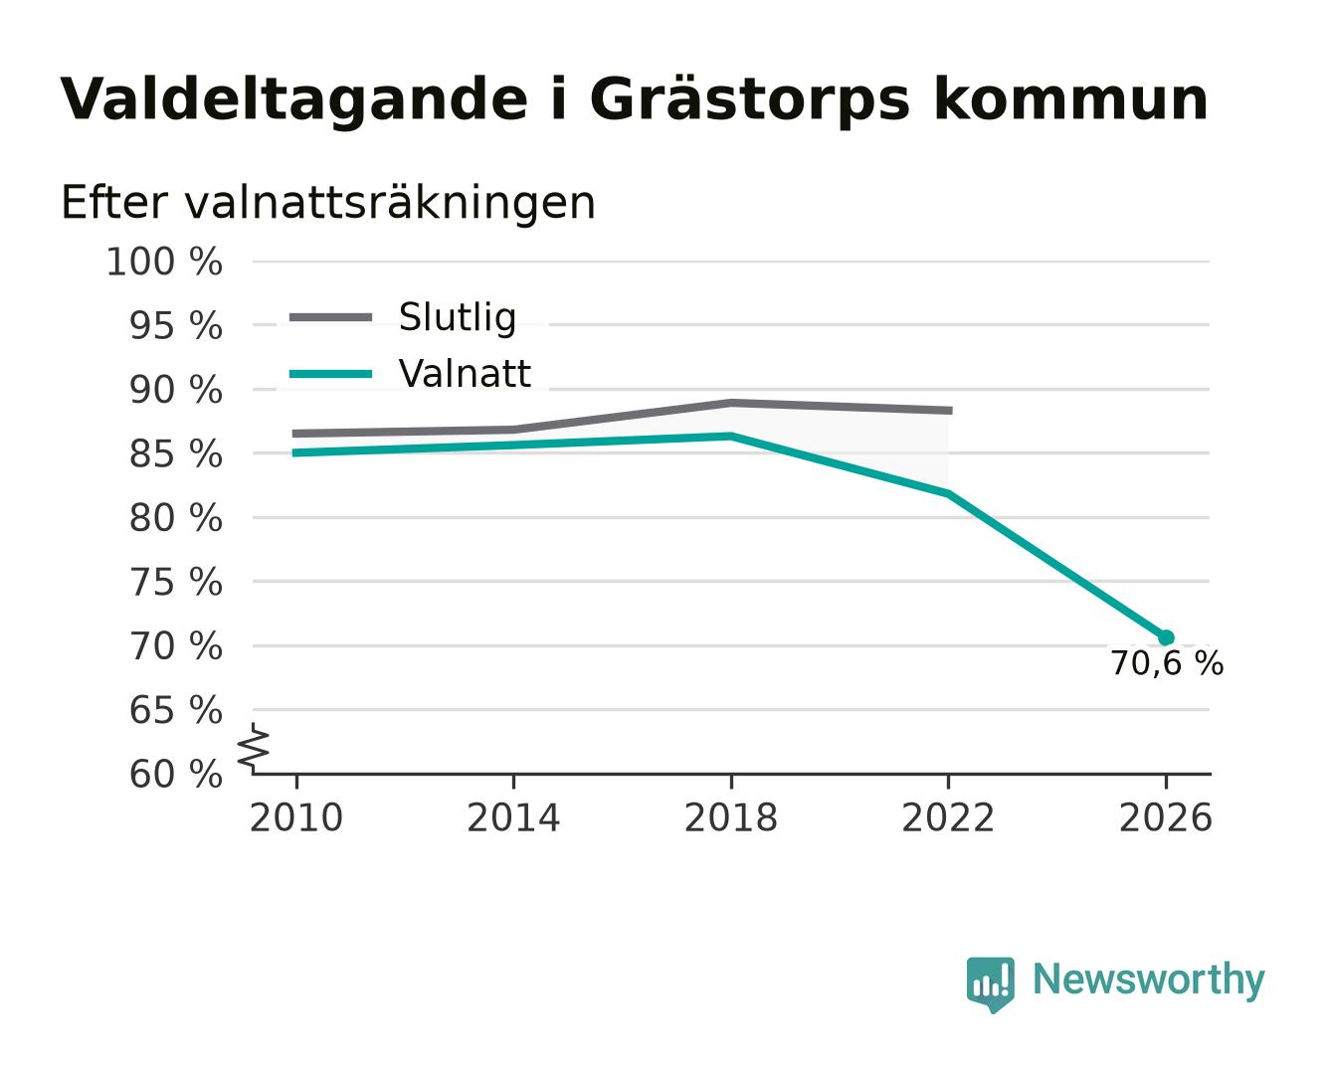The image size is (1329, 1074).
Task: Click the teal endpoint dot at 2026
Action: [x=1166, y=637]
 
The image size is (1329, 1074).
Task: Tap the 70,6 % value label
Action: [x=1167, y=663]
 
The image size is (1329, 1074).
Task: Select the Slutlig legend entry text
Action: [x=458, y=318]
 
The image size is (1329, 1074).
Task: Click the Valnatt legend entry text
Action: [x=465, y=374]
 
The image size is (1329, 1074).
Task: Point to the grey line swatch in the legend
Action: [x=330, y=318]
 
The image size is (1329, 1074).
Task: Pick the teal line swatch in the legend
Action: [x=330, y=374]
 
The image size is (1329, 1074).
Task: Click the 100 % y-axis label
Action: [x=164, y=262]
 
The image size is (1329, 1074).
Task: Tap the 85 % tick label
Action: [x=175, y=454]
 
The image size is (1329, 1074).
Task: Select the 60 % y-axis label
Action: [x=175, y=775]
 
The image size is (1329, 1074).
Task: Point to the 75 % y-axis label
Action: [x=175, y=583]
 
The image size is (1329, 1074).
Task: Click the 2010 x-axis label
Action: [x=296, y=817]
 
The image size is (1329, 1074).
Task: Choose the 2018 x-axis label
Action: [x=730, y=817]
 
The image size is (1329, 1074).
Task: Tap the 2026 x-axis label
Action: [x=1166, y=817]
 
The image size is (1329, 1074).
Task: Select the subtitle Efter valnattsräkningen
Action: [x=328, y=203]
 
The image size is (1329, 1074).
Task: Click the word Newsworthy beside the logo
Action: [x=1149, y=980]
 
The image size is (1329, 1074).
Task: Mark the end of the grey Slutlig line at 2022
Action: [x=952, y=411]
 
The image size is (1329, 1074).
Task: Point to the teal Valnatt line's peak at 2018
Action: [x=730, y=436]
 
